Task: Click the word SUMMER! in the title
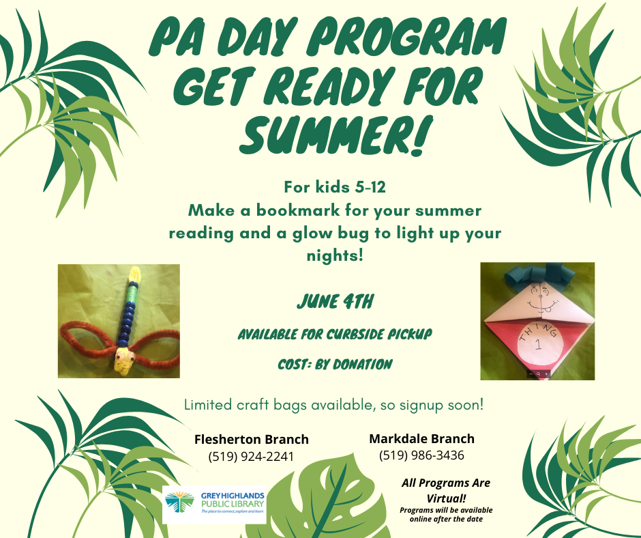click(x=336, y=135)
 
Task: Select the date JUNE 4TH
click(x=336, y=302)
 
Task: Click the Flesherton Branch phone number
click(x=251, y=456)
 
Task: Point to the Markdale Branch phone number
click(x=421, y=455)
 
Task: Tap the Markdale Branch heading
click(x=422, y=438)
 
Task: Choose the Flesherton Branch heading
click(x=252, y=439)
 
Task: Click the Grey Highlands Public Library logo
click(x=214, y=505)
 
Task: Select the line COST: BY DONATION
click(x=335, y=364)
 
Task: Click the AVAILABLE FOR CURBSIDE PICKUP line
click(x=335, y=334)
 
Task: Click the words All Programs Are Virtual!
click(x=446, y=490)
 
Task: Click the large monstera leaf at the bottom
click(x=323, y=498)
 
